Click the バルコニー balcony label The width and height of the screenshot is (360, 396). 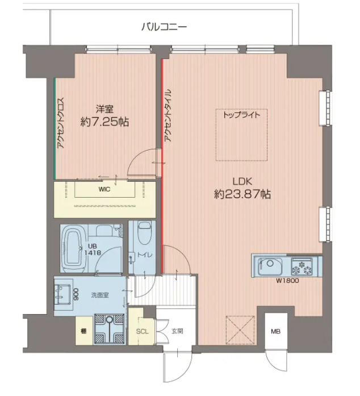(164, 27)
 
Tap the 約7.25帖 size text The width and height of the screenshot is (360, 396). (104, 122)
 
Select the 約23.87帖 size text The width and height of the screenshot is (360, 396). (242, 194)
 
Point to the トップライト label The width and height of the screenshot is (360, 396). (241, 115)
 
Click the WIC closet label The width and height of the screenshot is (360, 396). (104, 189)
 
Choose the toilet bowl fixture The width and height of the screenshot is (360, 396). (144, 233)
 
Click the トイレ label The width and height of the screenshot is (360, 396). (145, 255)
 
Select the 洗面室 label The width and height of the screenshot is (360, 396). (100, 295)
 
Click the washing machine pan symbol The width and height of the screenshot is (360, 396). (109, 329)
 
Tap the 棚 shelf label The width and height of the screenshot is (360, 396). (83, 331)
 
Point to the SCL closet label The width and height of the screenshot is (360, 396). (142, 331)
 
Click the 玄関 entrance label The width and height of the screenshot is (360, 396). (177, 331)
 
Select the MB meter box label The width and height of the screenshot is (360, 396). (276, 331)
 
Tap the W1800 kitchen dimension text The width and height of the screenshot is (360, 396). (287, 280)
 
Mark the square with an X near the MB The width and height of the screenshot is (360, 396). (240, 330)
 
